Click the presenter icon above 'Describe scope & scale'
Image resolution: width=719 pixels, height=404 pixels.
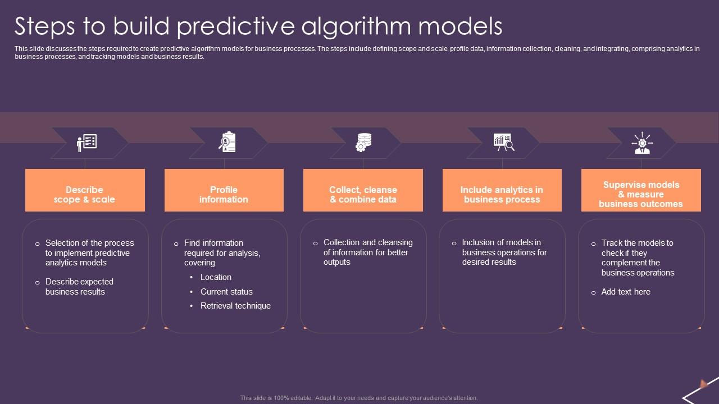[x=87, y=143]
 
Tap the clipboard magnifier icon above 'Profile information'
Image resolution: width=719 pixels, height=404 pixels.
[x=227, y=142]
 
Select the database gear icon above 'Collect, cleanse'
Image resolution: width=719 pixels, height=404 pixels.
[x=363, y=142]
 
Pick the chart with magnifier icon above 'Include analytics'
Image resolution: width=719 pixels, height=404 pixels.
[x=503, y=142]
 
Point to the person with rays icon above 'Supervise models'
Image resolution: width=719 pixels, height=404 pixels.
[x=641, y=143]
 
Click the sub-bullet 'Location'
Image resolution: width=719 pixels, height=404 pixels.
[x=216, y=277]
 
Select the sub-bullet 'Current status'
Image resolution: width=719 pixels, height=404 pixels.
[x=226, y=292]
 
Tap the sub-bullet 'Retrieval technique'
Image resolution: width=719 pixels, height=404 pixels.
[x=235, y=306]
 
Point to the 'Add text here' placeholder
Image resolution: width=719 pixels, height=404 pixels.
[x=626, y=292]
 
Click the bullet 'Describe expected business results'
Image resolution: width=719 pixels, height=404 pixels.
[x=79, y=287]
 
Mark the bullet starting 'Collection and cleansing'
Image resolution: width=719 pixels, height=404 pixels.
[x=368, y=252]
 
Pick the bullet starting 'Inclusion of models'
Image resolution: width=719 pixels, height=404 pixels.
[x=504, y=252]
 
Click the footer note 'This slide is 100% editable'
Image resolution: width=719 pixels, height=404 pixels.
[x=359, y=398]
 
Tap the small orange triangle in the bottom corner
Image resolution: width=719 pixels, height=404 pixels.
[x=703, y=384]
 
